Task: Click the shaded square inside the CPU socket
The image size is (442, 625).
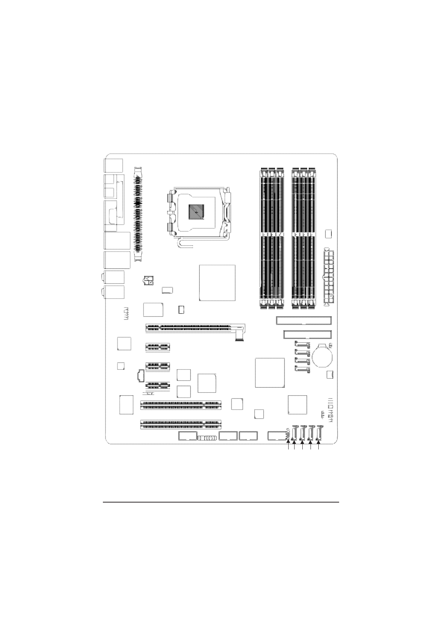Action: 196,212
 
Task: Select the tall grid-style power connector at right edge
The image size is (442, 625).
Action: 328,276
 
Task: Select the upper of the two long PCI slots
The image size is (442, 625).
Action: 181,405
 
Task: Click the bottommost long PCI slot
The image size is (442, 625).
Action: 181,425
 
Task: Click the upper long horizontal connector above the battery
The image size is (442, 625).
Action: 303,320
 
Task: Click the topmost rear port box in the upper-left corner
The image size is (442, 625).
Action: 114,165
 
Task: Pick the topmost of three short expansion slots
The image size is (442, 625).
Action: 157,347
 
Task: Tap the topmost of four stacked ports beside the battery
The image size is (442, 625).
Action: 302,344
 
